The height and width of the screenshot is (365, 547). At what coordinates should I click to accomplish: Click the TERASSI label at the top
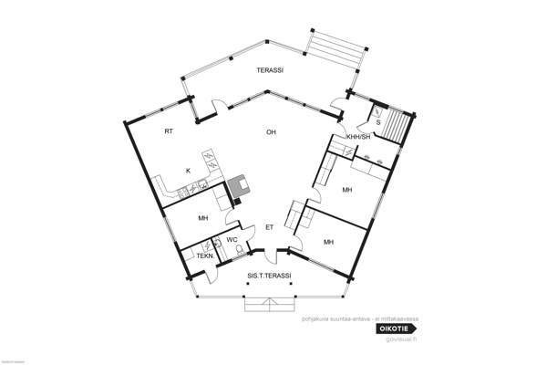tap(268, 70)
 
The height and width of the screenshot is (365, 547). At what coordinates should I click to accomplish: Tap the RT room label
tap(169, 131)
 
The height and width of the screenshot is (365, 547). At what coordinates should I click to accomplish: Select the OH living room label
tap(271, 131)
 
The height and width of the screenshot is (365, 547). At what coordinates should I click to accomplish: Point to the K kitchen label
tap(188, 170)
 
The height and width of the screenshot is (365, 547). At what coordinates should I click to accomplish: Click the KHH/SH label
tap(358, 137)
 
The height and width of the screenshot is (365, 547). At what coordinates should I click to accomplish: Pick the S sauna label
tap(377, 120)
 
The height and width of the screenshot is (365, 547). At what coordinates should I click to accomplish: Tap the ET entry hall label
tap(269, 226)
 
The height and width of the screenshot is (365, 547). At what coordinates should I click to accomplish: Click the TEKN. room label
tap(204, 256)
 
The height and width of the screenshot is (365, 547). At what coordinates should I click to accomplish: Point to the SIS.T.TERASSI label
tap(269, 275)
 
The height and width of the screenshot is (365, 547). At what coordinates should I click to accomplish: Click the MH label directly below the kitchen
tap(203, 218)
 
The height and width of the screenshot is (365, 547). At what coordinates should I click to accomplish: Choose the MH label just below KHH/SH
tap(347, 190)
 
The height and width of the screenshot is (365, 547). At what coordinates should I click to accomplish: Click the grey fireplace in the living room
tap(242, 186)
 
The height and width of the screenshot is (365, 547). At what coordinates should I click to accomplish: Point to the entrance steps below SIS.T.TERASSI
tap(269, 305)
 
